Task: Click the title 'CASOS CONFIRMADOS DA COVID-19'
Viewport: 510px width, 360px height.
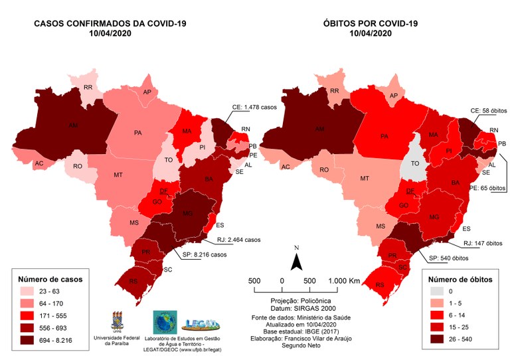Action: tap(110, 23)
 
